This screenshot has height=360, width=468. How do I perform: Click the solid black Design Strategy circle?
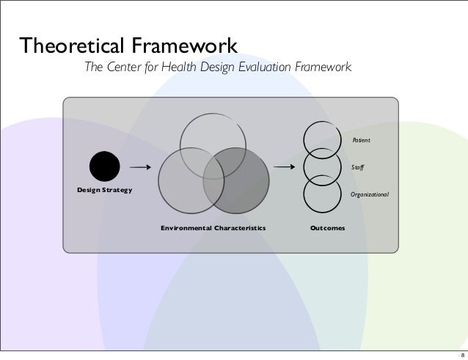click(x=103, y=166)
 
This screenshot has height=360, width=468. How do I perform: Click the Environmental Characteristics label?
click(x=213, y=229)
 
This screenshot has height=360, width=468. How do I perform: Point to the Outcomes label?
click(x=327, y=229)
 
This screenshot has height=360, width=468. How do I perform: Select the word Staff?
click(x=359, y=167)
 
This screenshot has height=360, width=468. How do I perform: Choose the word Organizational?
click(x=370, y=195)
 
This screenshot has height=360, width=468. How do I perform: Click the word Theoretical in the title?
click(x=71, y=46)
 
